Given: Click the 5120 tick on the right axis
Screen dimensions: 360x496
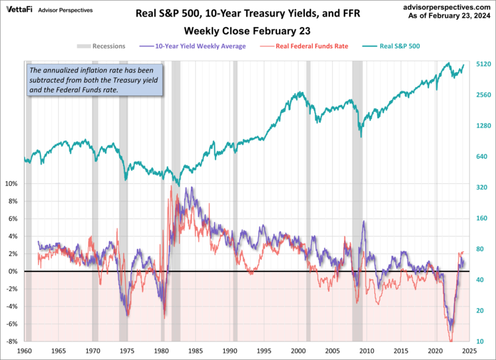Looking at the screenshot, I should pos(483,64).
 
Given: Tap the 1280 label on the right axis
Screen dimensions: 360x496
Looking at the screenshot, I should pos(483,126).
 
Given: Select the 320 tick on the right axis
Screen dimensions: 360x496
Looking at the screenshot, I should pos(481,187).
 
